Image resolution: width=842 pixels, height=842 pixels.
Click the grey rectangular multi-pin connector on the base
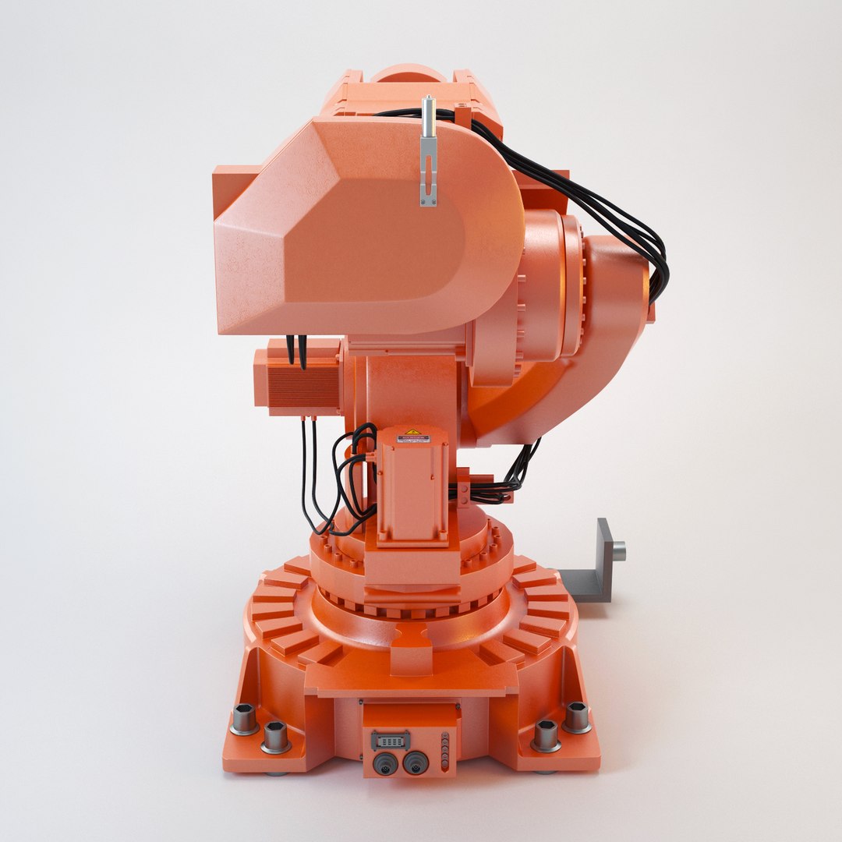[x=389, y=738]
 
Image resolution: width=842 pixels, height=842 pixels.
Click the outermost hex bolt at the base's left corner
[x=245, y=719]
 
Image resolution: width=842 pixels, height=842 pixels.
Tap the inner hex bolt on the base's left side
[x=276, y=736]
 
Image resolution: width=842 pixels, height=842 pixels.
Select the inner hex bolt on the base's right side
[x=545, y=734]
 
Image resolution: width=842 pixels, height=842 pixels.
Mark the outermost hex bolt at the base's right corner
[x=576, y=716]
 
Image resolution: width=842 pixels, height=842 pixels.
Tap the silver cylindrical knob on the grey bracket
[x=617, y=551]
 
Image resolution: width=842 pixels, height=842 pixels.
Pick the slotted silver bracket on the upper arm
[x=428, y=168]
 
